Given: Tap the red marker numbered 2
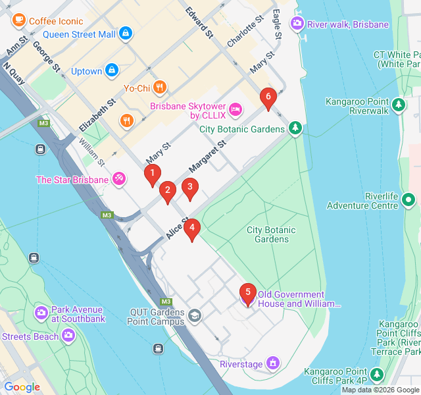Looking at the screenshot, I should [168, 192].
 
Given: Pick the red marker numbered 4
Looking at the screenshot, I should [191, 229].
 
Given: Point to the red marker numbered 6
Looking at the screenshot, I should [267, 97].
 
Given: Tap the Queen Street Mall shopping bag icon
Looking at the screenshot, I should [126, 34].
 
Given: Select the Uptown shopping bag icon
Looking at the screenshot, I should [112, 70].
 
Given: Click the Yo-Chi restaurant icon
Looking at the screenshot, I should [160, 87].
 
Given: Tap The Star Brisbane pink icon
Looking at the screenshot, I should [119, 178].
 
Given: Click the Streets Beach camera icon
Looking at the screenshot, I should [68, 336].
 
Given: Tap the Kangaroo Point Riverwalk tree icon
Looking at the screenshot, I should [398, 104].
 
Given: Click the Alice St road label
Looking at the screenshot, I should [177, 228].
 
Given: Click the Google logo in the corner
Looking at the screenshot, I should [22, 387].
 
